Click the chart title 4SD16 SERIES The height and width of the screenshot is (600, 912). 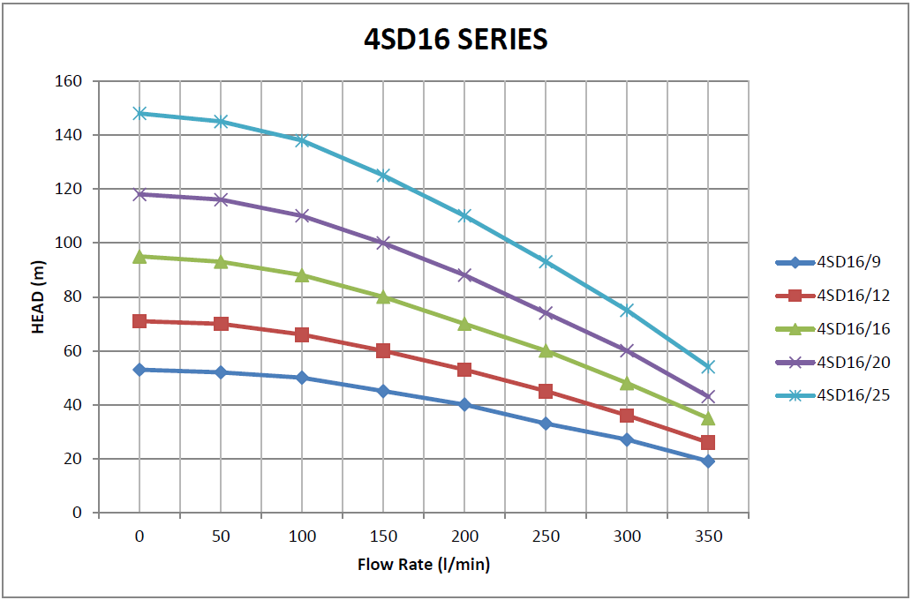pos(456,39)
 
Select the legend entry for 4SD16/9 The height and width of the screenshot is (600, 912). pos(848,262)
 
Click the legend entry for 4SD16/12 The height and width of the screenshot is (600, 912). pos(852,296)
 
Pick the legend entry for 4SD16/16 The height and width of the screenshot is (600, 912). pos(852,329)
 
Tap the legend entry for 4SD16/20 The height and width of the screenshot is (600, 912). pos(852,363)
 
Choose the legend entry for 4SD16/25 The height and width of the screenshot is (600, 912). pos(852,396)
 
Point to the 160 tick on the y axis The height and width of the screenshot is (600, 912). pos(70,81)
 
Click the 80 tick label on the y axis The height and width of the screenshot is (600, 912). pos(73,296)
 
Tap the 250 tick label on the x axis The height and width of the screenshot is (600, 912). pos(546,536)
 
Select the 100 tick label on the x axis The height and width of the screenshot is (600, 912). pos(302,536)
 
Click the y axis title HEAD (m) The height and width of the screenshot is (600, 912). pos(38,296)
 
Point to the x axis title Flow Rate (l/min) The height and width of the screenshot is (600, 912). pos(424,564)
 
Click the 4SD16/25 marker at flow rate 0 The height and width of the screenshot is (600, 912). pos(139,113)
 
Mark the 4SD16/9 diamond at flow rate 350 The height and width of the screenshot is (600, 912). pos(708,461)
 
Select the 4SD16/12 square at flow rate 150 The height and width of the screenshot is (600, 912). pos(383,350)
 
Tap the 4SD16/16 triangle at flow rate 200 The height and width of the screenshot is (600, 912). pos(464,324)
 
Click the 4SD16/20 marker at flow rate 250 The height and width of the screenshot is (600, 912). pos(546,312)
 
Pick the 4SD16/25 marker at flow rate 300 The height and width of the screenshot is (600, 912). pos(627,310)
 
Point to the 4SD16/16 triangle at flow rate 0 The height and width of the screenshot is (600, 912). pos(139,256)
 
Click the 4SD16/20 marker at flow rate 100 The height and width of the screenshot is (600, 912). pos(302,215)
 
